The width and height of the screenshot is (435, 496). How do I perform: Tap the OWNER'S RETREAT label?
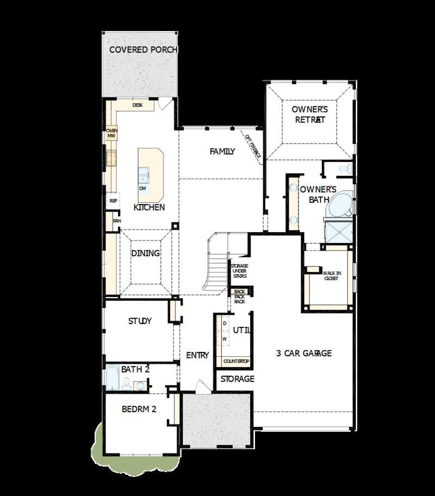(x=309, y=114)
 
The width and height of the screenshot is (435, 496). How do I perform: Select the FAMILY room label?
(x=222, y=152)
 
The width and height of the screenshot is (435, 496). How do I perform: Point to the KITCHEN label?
(x=149, y=207)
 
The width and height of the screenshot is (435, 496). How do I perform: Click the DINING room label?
(x=145, y=253)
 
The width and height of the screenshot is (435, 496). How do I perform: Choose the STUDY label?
(x=140, y=321)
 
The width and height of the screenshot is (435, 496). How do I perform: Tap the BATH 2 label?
(x=135, y=369)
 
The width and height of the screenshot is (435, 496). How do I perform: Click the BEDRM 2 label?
(x=139, y=409)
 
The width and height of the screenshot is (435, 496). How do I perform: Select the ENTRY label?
(x=197, y=355)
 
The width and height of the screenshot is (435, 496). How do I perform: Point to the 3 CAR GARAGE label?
(x=303, y=353)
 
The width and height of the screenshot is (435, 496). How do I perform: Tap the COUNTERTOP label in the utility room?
(x=236, y=361)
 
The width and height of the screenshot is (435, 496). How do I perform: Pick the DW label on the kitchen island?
(x=142, y=189)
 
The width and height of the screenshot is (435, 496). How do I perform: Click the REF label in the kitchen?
(x=113, y=201)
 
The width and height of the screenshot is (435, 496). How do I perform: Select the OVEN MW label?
(x=111, y=133)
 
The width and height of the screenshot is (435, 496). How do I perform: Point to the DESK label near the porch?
(x=138, y=105)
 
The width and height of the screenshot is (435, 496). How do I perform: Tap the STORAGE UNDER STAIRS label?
(x=239, y=271)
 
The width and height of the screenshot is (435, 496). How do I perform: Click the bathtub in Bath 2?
(x=112, y=378)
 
